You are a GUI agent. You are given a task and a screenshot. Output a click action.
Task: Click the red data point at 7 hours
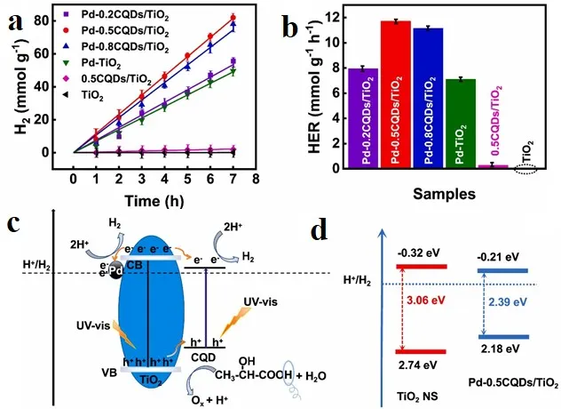(x=233, y=18)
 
